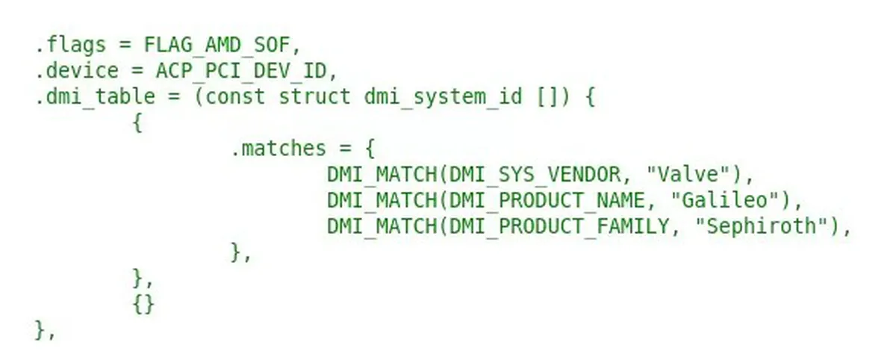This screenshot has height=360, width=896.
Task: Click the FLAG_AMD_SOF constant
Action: click(x=221, y=45)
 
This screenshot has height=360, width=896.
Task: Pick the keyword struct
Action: click(x=314, y=97)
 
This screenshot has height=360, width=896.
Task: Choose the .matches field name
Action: click(x=279, y=149)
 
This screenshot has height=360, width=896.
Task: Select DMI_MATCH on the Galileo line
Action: click(x=382, y=200)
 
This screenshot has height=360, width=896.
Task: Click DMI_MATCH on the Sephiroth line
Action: click(x=382, y=226)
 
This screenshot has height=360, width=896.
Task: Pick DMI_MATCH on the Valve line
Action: click(x=382, y=175)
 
